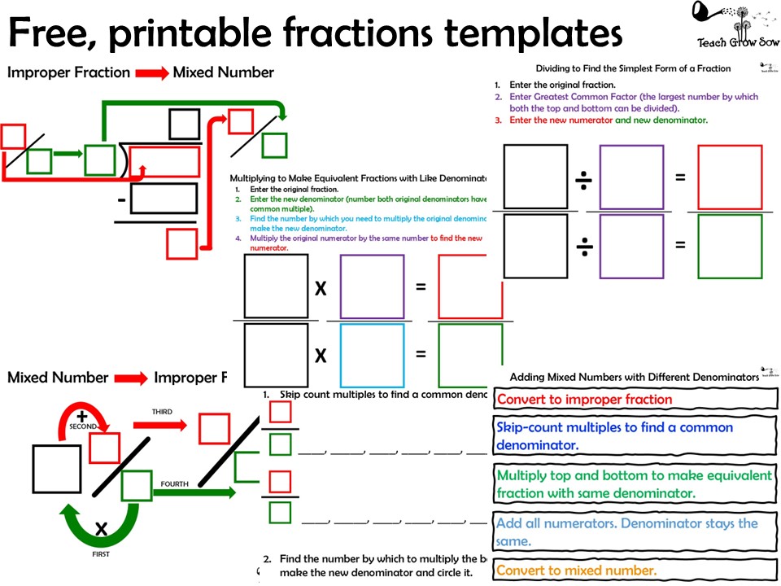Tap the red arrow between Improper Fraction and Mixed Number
tap(151, 73)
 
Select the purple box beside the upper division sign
tap(631, 177)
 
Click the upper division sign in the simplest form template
tap(584, 181)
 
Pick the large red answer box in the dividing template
tap(730, 177)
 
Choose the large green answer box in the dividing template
tap(730, 246)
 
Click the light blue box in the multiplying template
tap(372, 355)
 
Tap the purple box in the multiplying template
tap(372, 286)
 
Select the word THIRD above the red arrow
tap(162, 412)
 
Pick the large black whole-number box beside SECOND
tap(57, 469)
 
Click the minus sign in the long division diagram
tap(121, 199)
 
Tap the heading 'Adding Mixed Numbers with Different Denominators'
tap(634, 377)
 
